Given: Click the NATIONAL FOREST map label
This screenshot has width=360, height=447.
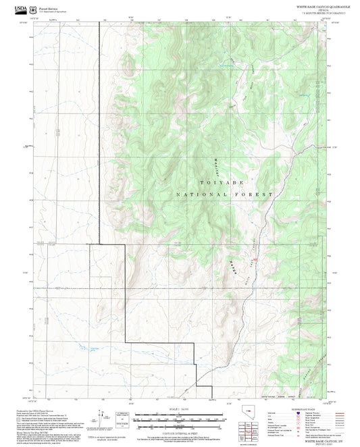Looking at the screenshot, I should (224, 194).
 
